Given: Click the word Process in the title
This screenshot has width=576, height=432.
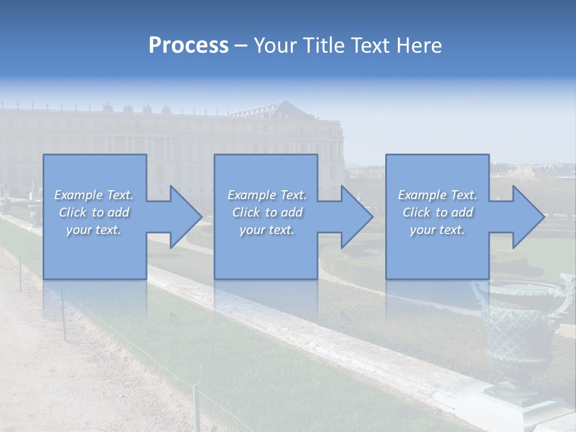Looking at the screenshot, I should [188, 45].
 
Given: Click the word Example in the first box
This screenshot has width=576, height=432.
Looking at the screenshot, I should [78, 195].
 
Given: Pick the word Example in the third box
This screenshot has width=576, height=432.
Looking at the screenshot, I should [422, 195].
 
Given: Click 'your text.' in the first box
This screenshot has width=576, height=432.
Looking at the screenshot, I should [94, 230].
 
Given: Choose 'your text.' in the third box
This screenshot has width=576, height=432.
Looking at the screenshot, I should [437, 230].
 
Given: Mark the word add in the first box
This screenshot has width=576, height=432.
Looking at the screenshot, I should [118, 212].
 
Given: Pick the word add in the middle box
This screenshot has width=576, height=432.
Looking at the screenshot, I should [292, 212].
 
